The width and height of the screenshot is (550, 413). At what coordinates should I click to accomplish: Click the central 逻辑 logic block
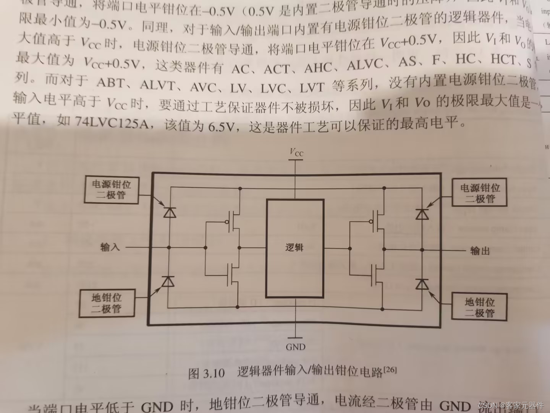tap(295, 248)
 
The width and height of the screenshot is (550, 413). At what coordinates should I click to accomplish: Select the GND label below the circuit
tap(296, 347)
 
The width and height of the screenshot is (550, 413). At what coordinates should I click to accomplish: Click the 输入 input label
tap(110, 247)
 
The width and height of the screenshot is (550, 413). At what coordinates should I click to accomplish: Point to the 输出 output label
tap(480, 250)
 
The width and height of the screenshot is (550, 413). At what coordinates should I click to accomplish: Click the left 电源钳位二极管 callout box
tap(111, 190)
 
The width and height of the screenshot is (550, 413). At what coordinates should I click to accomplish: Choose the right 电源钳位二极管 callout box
tap(480, 193)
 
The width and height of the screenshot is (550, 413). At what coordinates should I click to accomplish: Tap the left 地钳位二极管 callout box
tap(107, 303)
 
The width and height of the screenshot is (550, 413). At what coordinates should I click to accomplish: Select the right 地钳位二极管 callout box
tap(479, 307)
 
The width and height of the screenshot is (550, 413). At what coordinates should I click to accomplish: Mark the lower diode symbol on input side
tap(168, 281)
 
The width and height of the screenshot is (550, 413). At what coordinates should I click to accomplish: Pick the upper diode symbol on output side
tap(422, 214)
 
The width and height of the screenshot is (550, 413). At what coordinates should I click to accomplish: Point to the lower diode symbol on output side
tap(422, 285)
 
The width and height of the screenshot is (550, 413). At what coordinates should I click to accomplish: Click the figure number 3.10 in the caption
tap(214, 373)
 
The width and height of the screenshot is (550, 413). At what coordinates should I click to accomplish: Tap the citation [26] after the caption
tap(390, 369)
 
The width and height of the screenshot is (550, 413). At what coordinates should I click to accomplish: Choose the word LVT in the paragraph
tap(312, 88)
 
